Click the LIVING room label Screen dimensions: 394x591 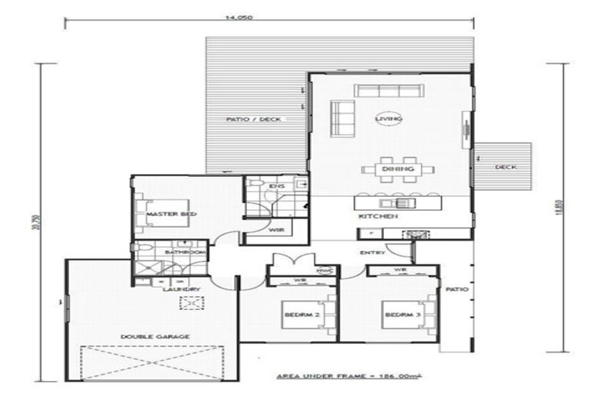pyautogui.click(x=382, y=119)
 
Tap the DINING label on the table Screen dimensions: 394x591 pyautogui.click(x=398, y=169)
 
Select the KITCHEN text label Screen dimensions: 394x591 pyautogui.click(x=378, y=217)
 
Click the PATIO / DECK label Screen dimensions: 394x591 pyautogui.click(x=253, y=119)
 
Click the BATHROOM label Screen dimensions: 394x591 pyautogui.click(x=189, y=252)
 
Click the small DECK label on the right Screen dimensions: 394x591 pyautogui.click(x=504, y=166)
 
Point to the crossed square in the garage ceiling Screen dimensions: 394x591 pyautogui.click(x=189, y=303)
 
